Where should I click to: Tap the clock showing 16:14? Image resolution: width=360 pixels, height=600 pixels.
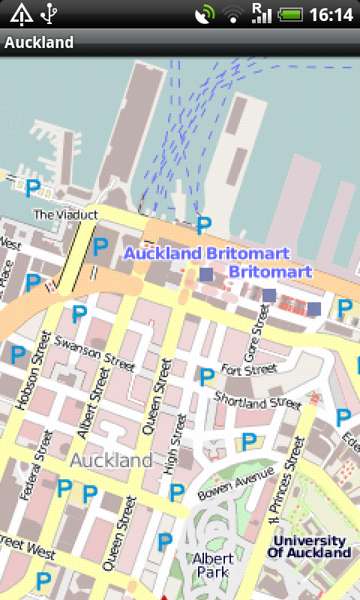click(x=331, y=14)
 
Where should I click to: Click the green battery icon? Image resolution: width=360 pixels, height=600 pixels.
click(x=289, y=14)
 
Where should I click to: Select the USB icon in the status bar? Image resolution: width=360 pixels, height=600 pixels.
click(x=50, y=13)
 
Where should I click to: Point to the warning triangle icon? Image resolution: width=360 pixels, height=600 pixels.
click(x=20, y=13)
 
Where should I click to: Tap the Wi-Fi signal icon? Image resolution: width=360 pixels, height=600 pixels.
click(x=232, y=14)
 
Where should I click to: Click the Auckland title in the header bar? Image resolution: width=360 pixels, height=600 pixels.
click(x=39, y=42)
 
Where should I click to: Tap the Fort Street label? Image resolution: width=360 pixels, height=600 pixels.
click(x=250, y=370)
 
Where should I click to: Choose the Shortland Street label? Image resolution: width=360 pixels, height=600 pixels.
click(x=257, y=400)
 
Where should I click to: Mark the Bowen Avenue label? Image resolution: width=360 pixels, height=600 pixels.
click(x=236, y=484)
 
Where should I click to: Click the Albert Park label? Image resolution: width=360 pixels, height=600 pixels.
click(x=213, y=565)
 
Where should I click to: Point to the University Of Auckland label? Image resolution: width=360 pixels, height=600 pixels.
click(x=309, y=547)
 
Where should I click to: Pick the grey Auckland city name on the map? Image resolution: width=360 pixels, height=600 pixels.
click(x=111, y=459)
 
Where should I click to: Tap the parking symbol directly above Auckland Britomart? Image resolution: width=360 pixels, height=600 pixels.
click(x=204, y=224)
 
